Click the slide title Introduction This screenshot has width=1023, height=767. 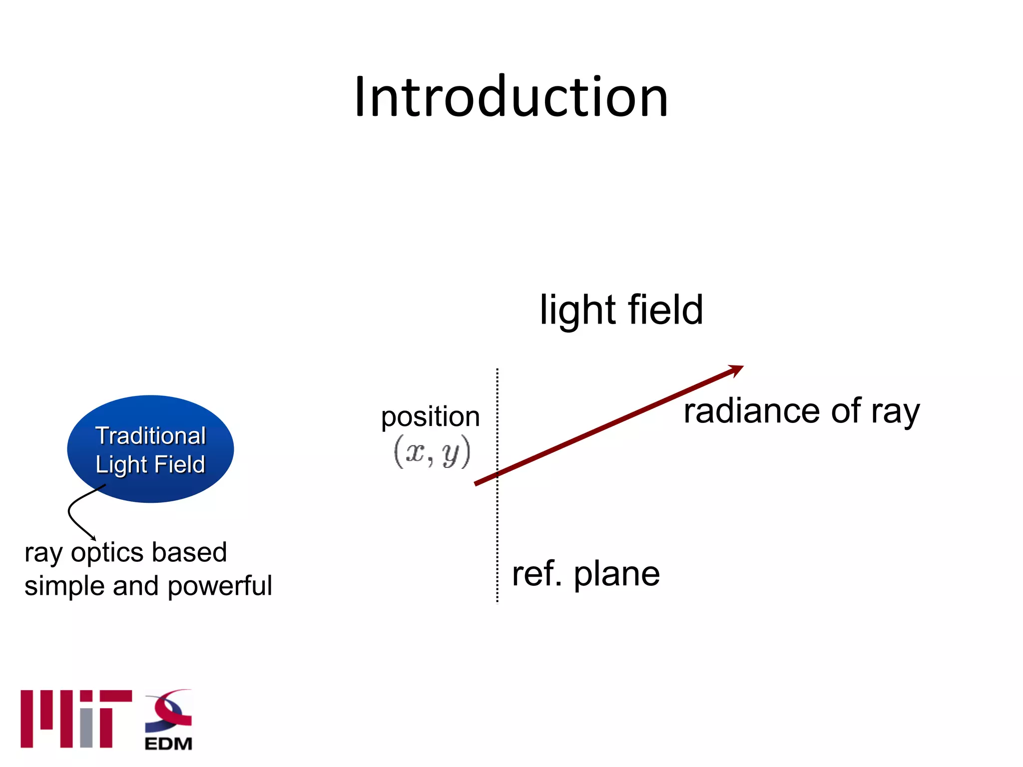click(x=511, y=97)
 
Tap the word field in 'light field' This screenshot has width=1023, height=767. click(x=665, y=310)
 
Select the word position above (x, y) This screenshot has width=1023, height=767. click(x=430, y=417)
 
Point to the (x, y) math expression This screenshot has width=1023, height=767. click(x=432, y=452)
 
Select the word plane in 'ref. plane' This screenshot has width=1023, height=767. click(x=616, y=574)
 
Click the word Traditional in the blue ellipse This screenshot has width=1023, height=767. click(x=150, y=436)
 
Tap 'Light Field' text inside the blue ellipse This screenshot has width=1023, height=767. click(x=150, y=464)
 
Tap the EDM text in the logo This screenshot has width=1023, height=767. click(x=168, y=744)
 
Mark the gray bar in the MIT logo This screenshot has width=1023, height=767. click(x=86, y=727)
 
